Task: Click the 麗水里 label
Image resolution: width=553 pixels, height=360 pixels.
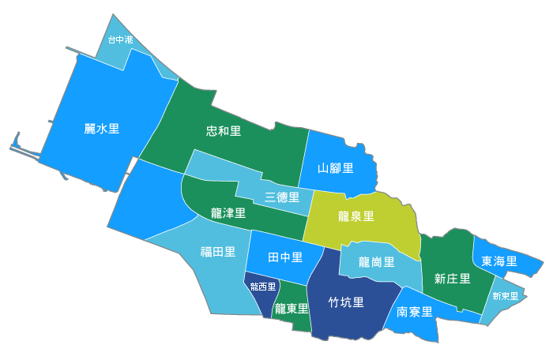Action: tap(102, 128)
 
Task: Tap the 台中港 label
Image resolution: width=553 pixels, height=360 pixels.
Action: tap(120, 39)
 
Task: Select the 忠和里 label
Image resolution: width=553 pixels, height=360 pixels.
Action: tap(224, 130)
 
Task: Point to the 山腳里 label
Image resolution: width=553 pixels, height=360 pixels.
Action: tap(335, 167)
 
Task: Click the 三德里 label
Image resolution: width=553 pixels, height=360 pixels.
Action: tap(282, 197)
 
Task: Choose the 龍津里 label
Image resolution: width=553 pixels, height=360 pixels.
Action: tap(228, 213)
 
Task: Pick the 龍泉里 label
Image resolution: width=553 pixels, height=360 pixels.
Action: tap(355, 216)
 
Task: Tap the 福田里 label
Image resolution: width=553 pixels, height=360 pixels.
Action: tap(217, 252)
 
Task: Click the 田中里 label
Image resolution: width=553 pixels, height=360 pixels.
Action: tap(285, 257)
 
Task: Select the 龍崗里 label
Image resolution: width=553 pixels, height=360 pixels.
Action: tap(376, 261)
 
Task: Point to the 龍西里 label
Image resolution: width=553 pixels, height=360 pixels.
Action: tap(262, 287)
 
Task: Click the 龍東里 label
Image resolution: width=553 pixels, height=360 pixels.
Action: tap(291, 309)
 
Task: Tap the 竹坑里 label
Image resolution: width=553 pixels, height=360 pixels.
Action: tap(346, 302)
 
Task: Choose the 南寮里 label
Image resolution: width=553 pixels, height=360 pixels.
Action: tap(414, 311)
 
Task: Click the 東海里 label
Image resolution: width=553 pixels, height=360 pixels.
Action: tap(499, 261)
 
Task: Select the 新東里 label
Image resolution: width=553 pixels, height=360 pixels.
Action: tap(505, 296)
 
